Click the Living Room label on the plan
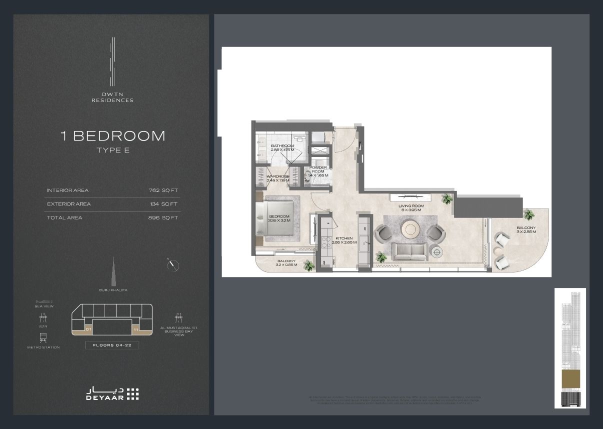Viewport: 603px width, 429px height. pyautogui.click(x=411, y=207)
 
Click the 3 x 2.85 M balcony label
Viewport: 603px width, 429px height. pyautogui.click(x=526, y=230)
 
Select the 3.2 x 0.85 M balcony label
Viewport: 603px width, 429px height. pyautogui.click(x=286, y=262)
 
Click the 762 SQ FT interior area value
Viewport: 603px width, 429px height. pyautogui.click(x=163, y=190)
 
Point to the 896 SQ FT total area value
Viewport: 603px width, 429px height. pyautogui.click(x=163, y=217)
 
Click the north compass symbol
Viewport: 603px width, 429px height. pyautogui.click(x=173, y=265)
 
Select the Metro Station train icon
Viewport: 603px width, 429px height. pyautogui.click(x=43, y=337)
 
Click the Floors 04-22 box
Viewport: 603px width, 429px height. pyautogui.click(x=111, y=345)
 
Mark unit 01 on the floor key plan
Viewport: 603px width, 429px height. pyautogui.click(x=88, y=330)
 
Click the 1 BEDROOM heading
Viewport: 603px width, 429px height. pyautogui.click(x=112, y=135)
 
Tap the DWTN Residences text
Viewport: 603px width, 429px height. pyautogui.click(x=112, y=97)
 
